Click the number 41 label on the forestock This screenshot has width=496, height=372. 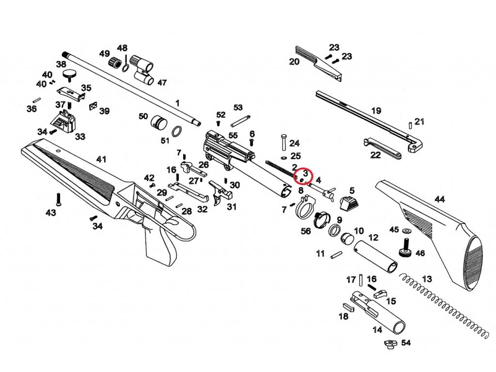(x=101, y=159)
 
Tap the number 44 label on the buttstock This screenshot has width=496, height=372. (x=440, y=199)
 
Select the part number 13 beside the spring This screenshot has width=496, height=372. (x=427, y=279)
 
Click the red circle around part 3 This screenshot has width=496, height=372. (x=303, y=175)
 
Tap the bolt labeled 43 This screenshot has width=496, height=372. (x=58, y=199)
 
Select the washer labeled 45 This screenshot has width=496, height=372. (x=406, y=231)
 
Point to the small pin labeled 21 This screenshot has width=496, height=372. (x=411, y=124)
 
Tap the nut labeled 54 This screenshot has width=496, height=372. (x=391, y=344)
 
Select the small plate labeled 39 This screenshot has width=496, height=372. (x=93, y=106)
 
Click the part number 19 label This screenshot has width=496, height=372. (x=376, y=111)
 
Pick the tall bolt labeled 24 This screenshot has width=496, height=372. (x=283, y=143)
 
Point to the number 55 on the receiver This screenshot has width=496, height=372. (x=233, y=136)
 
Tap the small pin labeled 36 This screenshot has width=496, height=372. (x=37, y=100)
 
